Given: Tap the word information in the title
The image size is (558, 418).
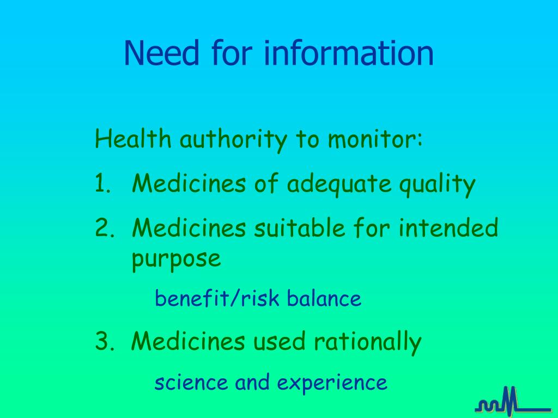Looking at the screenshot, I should pos(349,53).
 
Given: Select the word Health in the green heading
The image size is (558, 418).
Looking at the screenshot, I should pos(133,140).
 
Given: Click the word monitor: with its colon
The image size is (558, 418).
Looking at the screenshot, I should pos(375,140).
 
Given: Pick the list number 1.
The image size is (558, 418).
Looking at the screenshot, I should pos(101,184).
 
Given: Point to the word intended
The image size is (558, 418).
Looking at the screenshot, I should pos(448,228).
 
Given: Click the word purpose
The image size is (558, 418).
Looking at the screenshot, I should pos(177,259).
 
